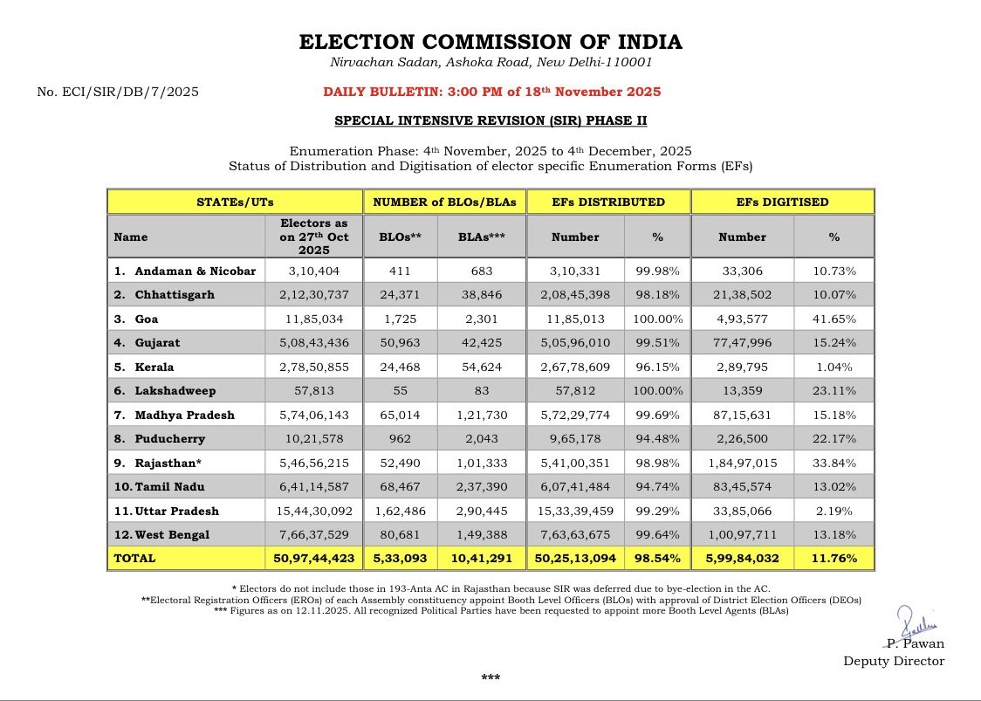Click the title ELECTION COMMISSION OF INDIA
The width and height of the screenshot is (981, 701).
coord(490,42)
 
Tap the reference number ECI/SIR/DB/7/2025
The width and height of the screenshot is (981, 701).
coord(118,92)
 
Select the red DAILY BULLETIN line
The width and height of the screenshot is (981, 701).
coord(492,92)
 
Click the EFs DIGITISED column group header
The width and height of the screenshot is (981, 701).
coord(782,202)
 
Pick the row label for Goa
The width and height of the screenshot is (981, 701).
coord(147,320)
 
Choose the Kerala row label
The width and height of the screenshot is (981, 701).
coord(154,367)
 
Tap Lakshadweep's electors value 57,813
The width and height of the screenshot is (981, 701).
coord(313,390)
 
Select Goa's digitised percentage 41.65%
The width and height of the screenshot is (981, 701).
coord(834,320)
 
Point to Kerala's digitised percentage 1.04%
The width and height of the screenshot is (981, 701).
coord(834,367)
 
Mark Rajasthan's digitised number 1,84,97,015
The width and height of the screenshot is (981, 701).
coord(743,462)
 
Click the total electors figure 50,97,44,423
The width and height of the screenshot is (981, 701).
coord(313,557)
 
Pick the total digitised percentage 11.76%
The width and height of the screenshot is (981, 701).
coord(834,557)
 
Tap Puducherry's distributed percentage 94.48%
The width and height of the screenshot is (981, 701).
coord(658,438)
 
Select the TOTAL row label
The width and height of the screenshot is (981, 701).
coord(134,557)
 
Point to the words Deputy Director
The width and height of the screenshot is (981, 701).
coord(893,661)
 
